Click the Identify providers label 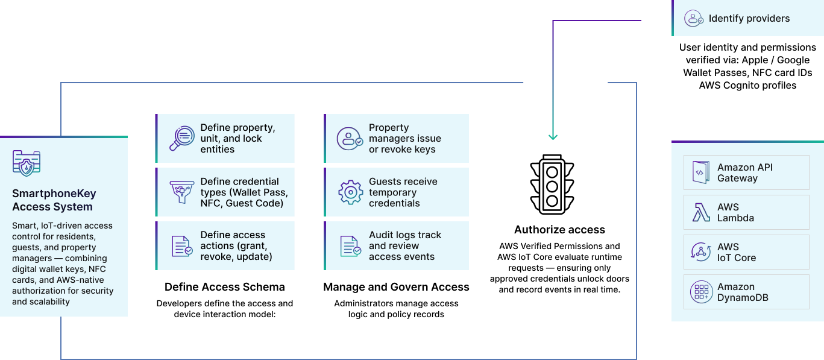click(x=749, y=18)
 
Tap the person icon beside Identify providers click(x=694, y=18)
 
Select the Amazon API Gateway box click(x=746, y=172)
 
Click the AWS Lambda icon click(x=701, y=212)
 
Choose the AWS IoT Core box click(x=746, y=252)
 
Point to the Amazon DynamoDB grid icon click(x=701, y=292)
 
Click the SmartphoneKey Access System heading click(x=54, y=200)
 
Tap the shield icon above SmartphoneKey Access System click(x=27, y=163)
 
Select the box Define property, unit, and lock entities click(x=225, y=139)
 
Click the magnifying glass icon click(x=181, y=139)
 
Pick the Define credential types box click(x=225, y=192)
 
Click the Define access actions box click(x=225, y=245)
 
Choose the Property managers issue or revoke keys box click(x=396, y=139)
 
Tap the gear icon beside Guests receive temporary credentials click(x=350, y=192)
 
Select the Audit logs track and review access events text click(x=405, y=245)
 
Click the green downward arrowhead click(x=553, y=136)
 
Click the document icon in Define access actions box click(x=181, y=246)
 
